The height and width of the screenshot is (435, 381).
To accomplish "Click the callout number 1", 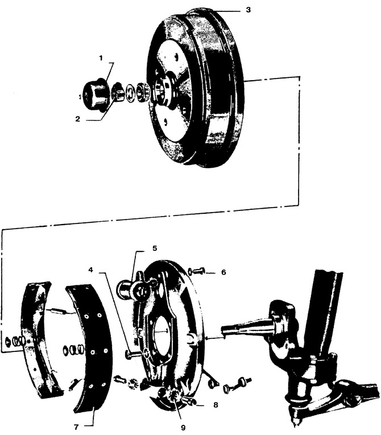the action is tap(101, 57).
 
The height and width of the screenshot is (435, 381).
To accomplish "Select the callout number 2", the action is tap(78, 119).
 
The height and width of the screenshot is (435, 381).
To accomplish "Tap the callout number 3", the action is tap(248, 10).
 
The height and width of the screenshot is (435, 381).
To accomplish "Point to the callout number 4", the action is tap(91, 270).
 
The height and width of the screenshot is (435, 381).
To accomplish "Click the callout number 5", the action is tap(155, 248).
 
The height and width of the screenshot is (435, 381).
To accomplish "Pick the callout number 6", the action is tap(223, 272).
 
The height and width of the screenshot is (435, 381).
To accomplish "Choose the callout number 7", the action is tap(77, 426).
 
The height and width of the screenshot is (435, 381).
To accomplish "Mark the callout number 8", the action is tap(216, 405).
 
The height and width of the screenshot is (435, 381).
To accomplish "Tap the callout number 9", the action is tap(183, 428).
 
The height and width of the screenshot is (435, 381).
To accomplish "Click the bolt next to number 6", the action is tap(197, 271).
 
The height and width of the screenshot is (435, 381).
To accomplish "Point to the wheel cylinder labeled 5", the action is tap(135, 289).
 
